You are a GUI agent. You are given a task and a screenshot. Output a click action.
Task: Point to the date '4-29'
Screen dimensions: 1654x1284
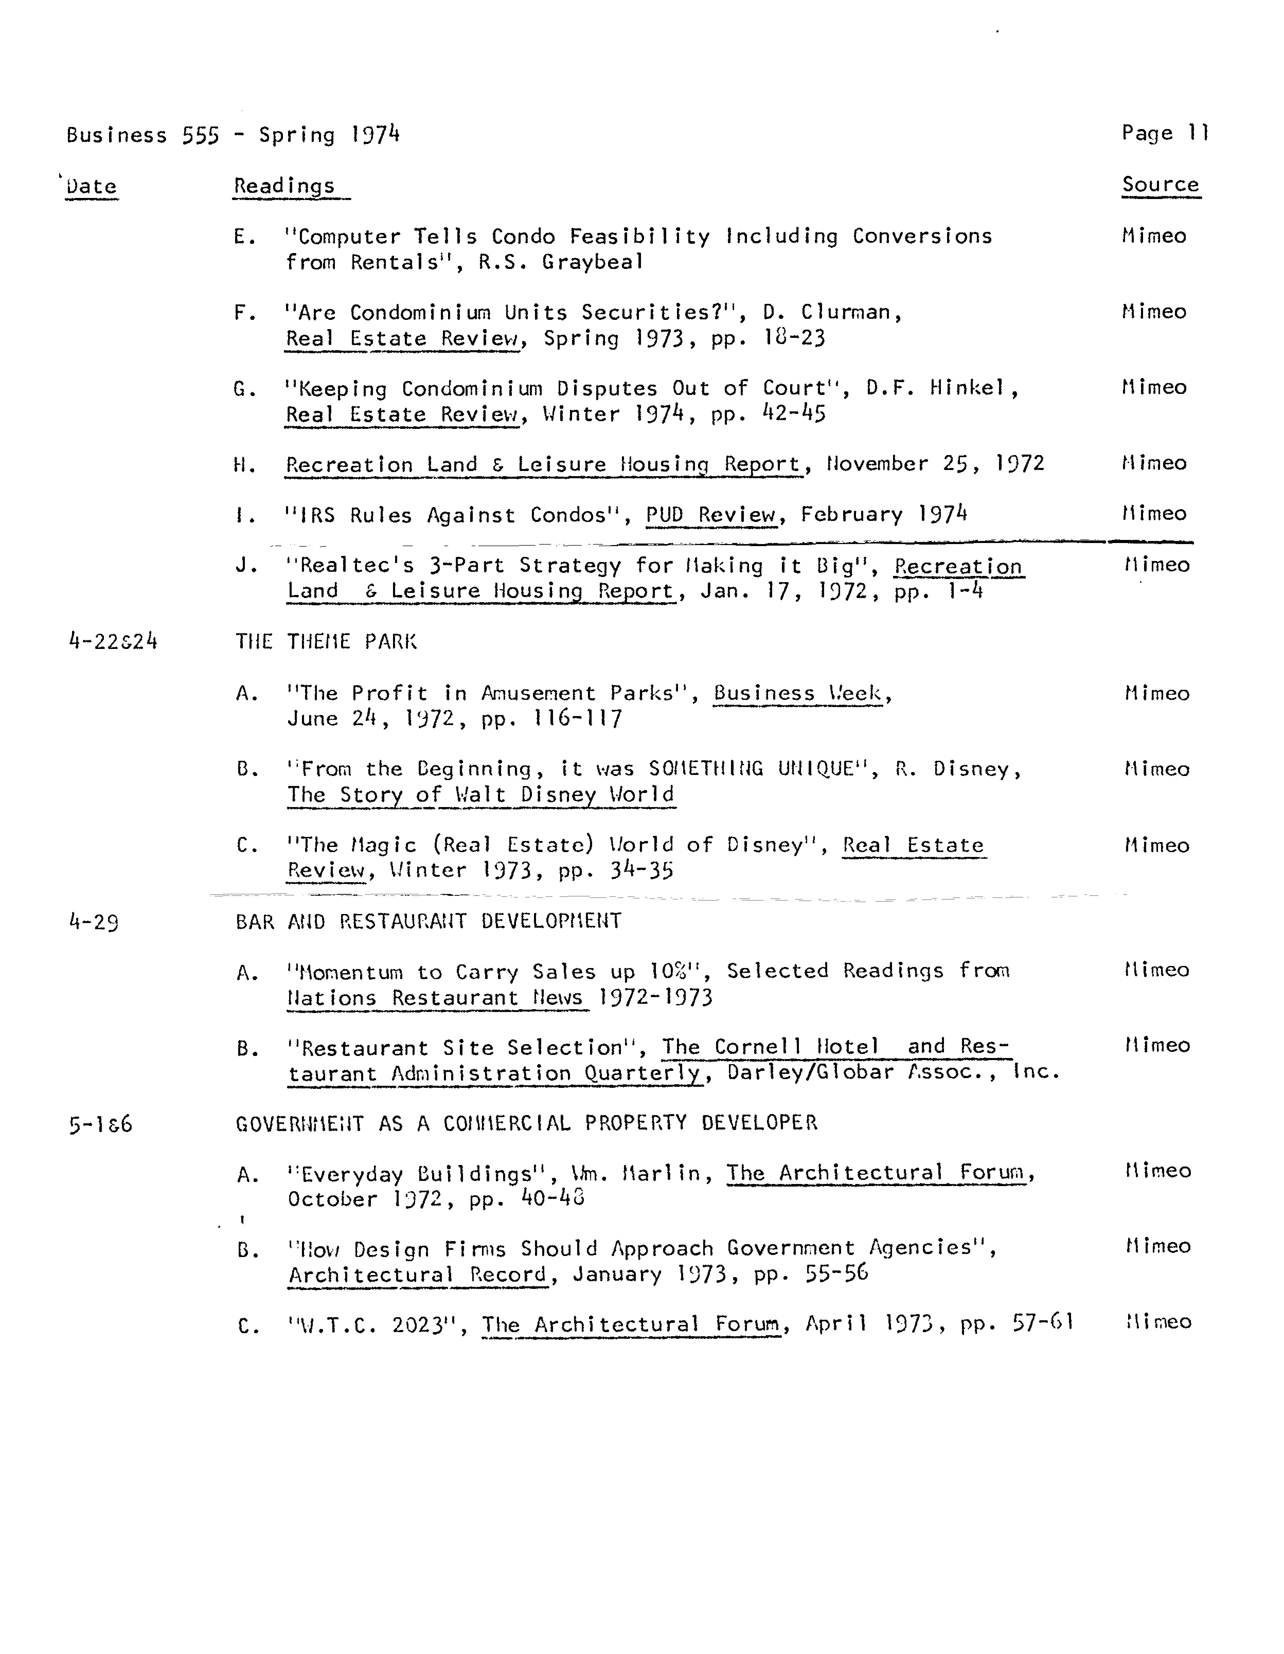[x=93, y=923]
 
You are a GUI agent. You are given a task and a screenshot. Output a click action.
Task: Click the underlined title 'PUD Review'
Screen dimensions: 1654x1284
[x=711, y=515]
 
